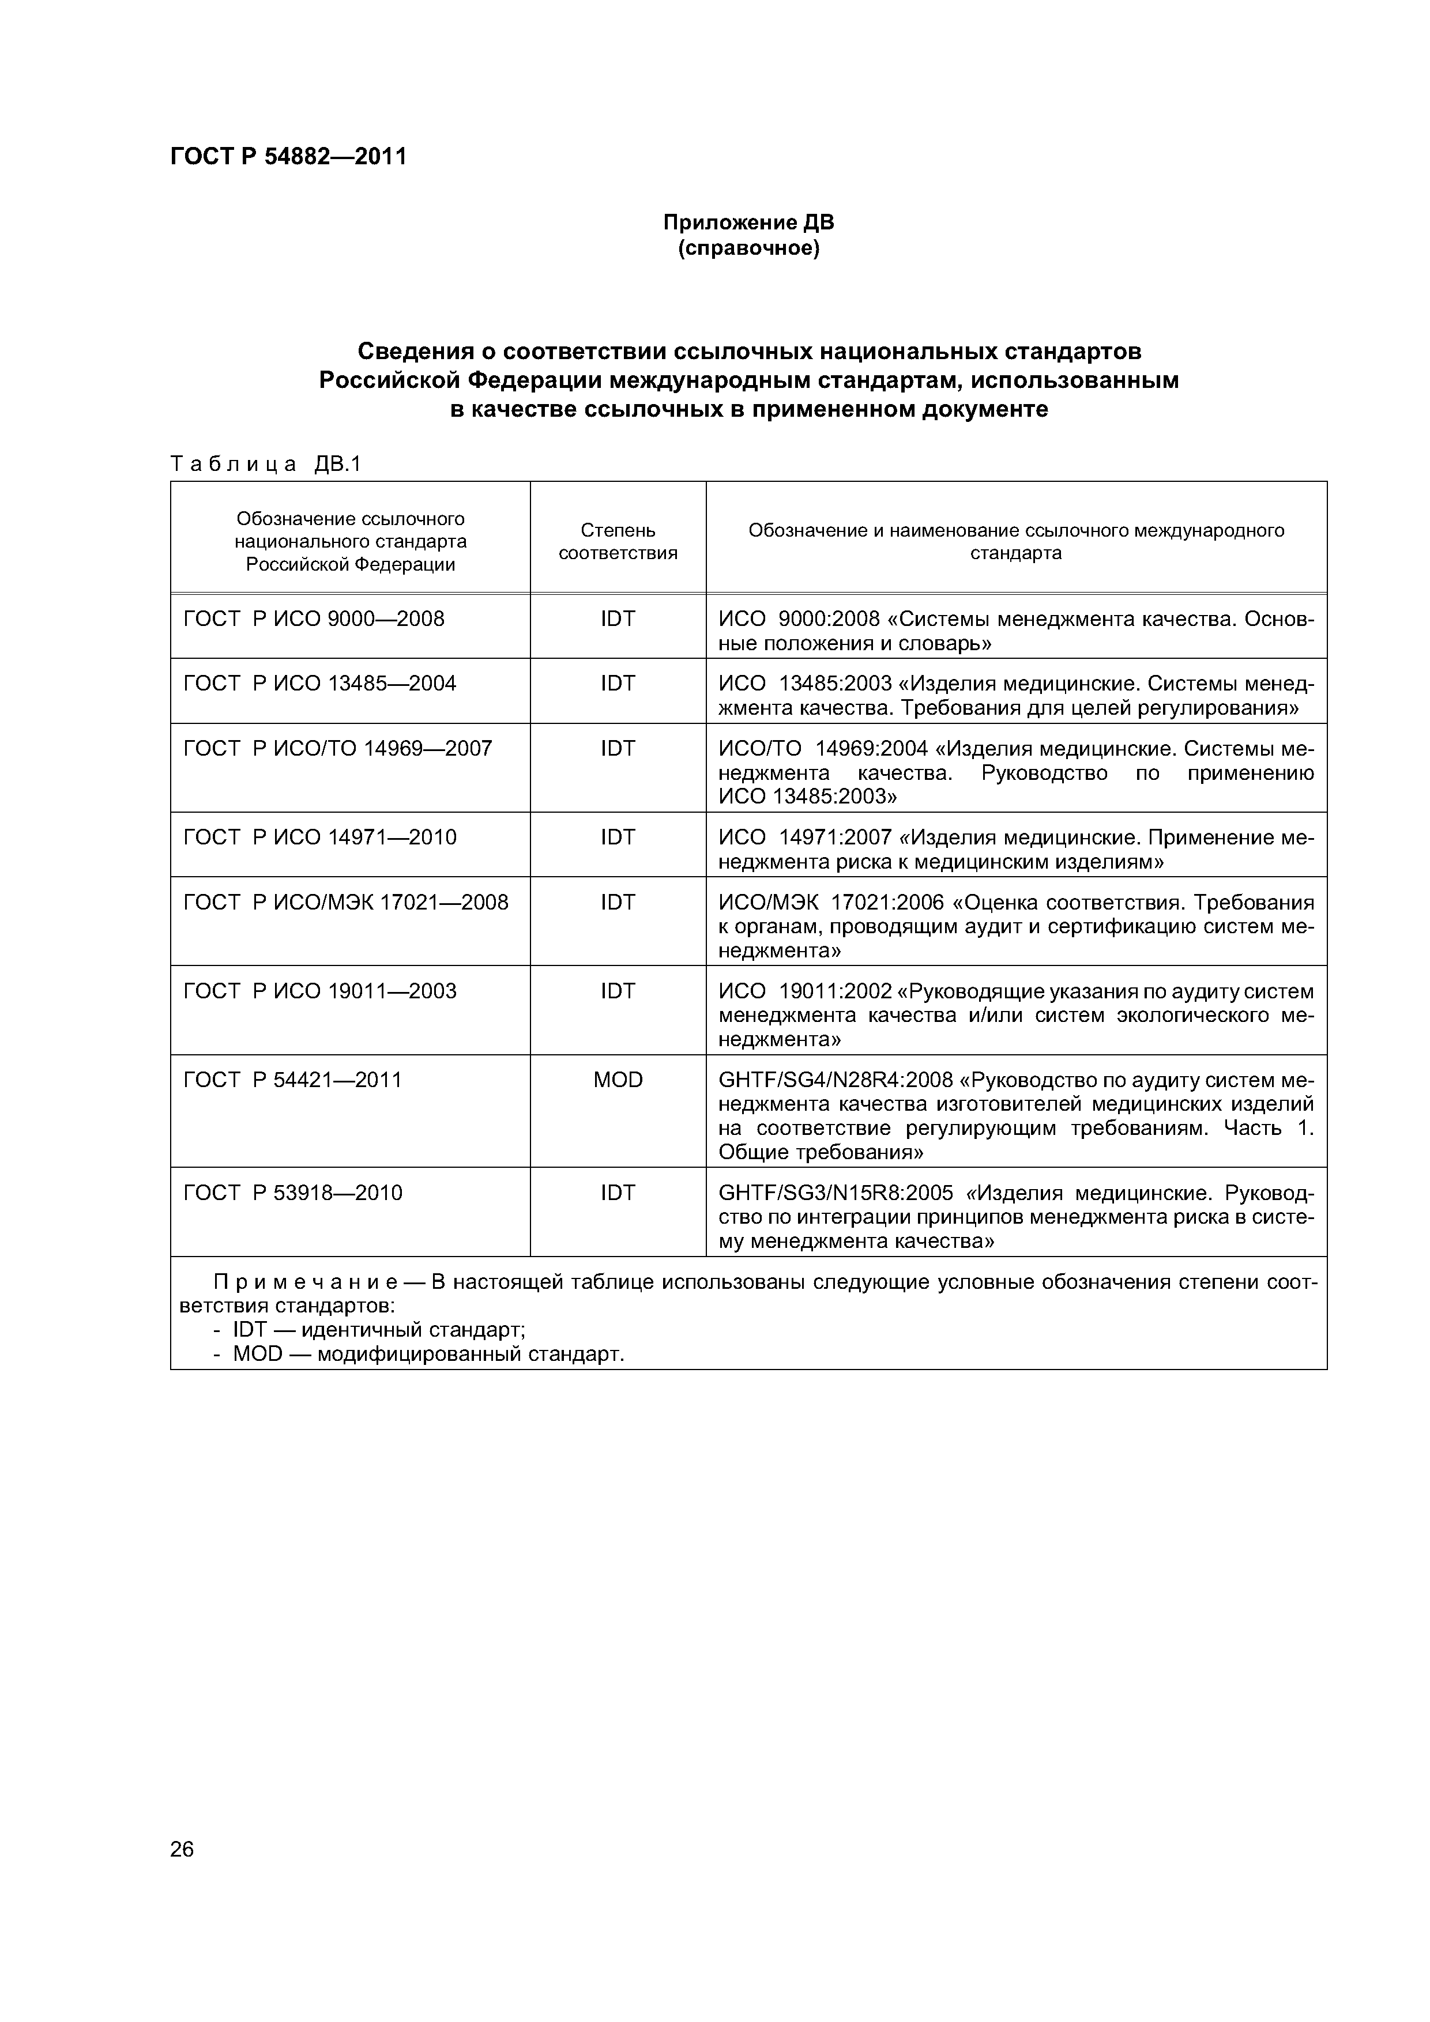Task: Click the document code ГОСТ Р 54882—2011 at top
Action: tap(288, 157)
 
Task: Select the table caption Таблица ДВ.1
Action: tap(265, 464)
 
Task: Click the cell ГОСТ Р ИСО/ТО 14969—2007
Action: tap(337, 749)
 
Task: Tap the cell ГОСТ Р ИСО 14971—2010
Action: tap(320, 838)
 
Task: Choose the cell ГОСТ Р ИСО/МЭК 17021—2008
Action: tap(345, 903)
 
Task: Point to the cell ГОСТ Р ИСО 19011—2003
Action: tap(320, 991)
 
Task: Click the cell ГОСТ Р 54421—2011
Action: tap(292, 1081)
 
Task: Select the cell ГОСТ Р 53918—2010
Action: tap(292, 1193)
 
